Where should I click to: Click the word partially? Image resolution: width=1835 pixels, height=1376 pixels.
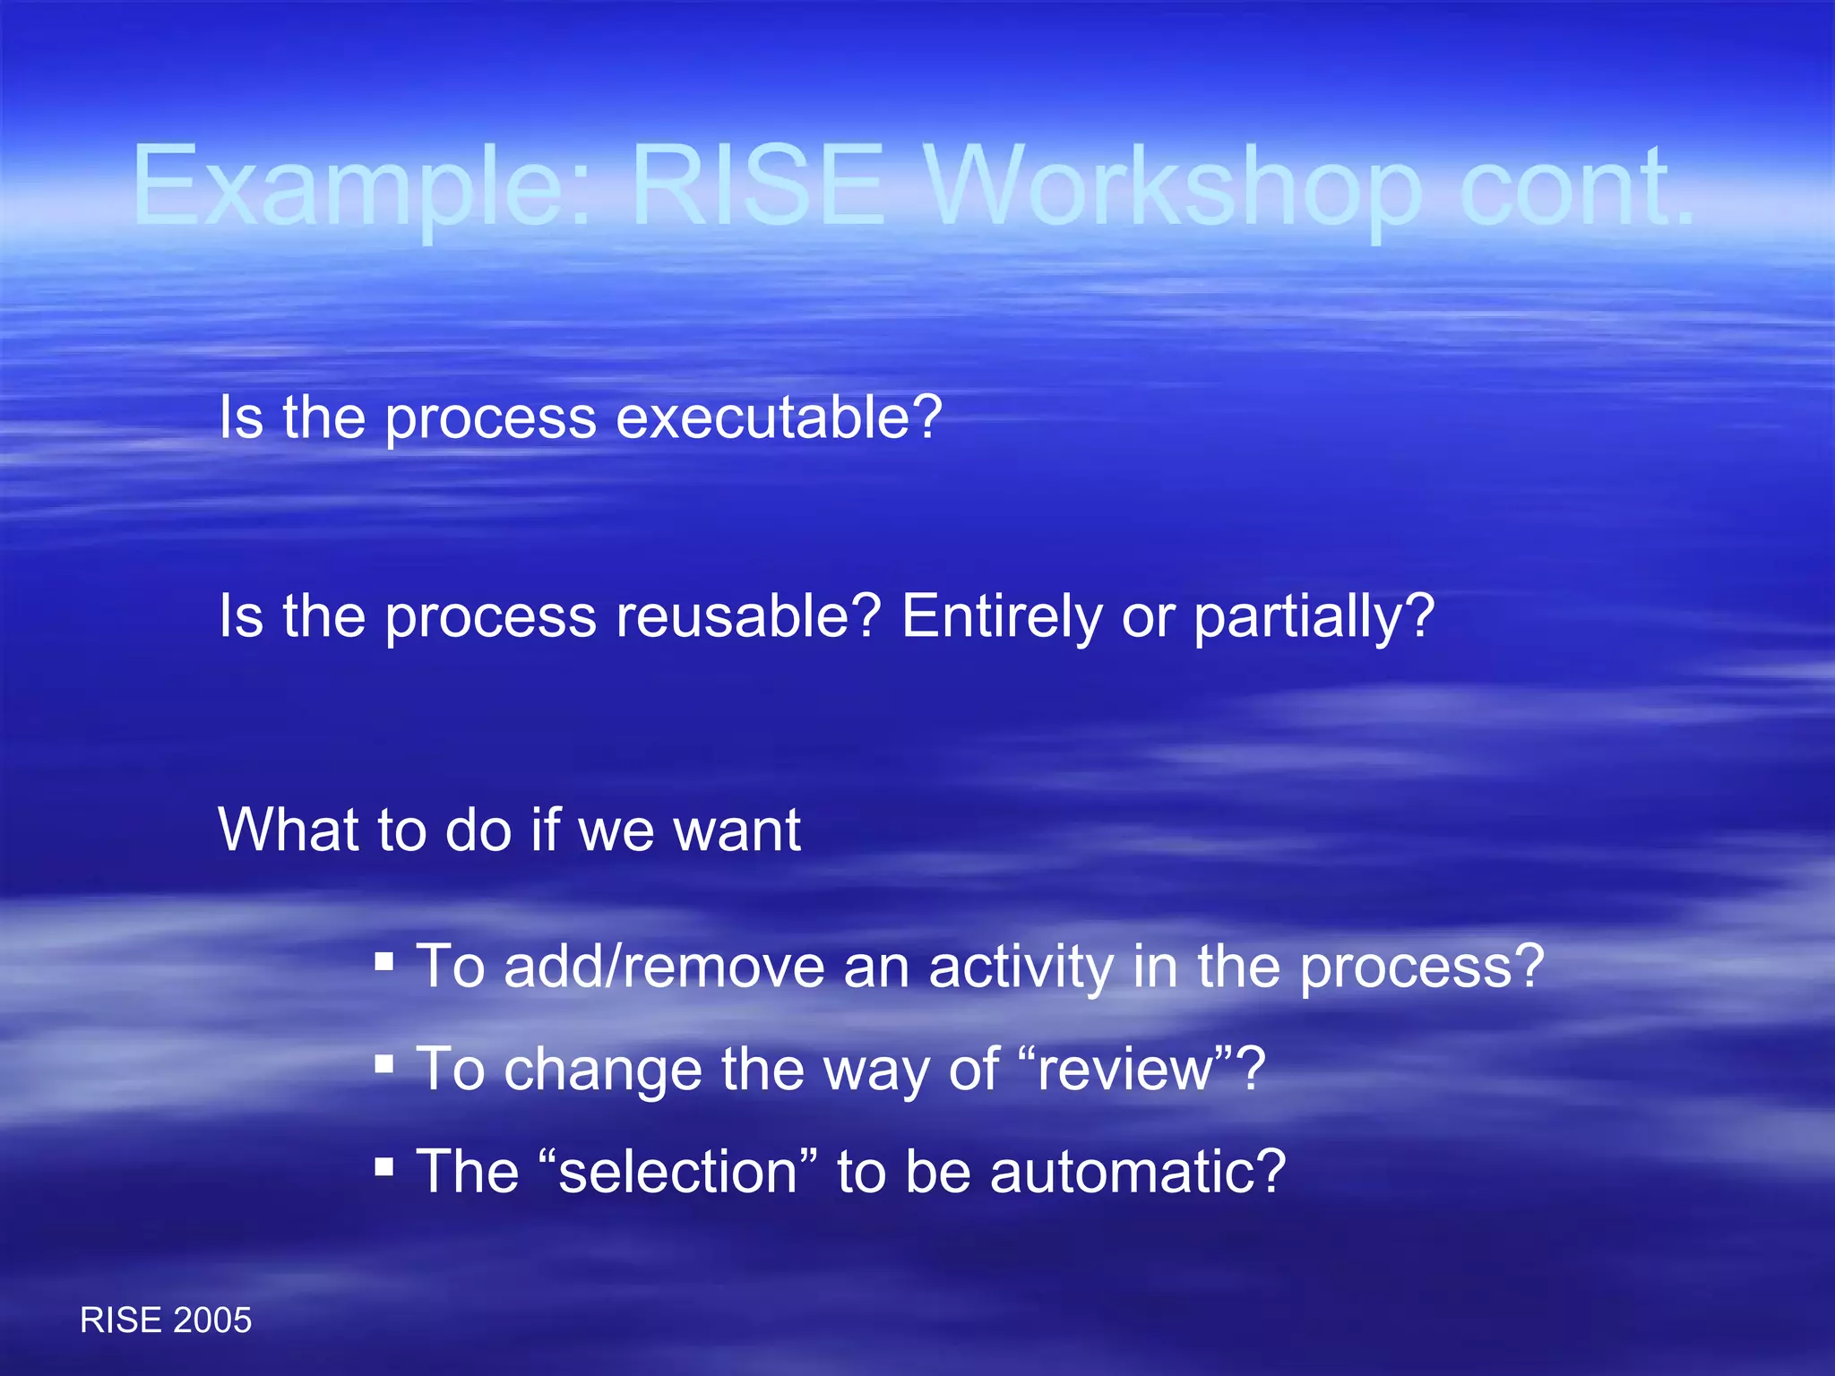[1314, 618]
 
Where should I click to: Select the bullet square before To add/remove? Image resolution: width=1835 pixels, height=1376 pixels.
[384, 962]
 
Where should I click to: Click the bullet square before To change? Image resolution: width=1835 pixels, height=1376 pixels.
[384, 1064]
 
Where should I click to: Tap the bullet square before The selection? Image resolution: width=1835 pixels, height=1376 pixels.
[384, 1166]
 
